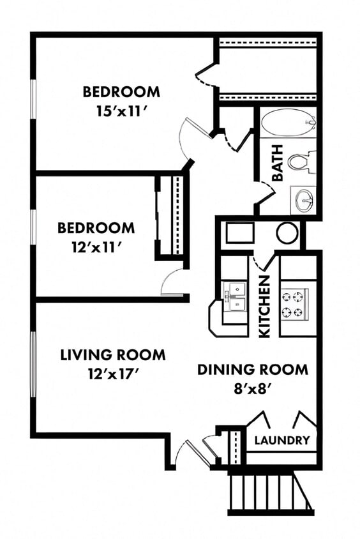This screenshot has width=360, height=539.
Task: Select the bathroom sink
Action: point(303,201)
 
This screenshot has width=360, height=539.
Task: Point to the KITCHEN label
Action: point(264,307)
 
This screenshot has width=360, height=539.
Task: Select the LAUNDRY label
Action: point(281,440)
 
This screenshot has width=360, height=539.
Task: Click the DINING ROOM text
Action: point(252,369)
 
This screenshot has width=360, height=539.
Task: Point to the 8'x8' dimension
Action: point(252,387)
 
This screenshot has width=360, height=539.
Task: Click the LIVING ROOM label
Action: point(113,354)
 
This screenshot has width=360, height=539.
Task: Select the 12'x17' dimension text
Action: point(113,372)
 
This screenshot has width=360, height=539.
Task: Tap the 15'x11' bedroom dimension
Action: point(121,110)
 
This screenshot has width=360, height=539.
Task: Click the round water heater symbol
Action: point(287,233)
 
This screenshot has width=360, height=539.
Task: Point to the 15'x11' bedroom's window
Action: point(33,98)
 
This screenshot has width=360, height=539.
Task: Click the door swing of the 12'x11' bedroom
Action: point(171,282)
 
